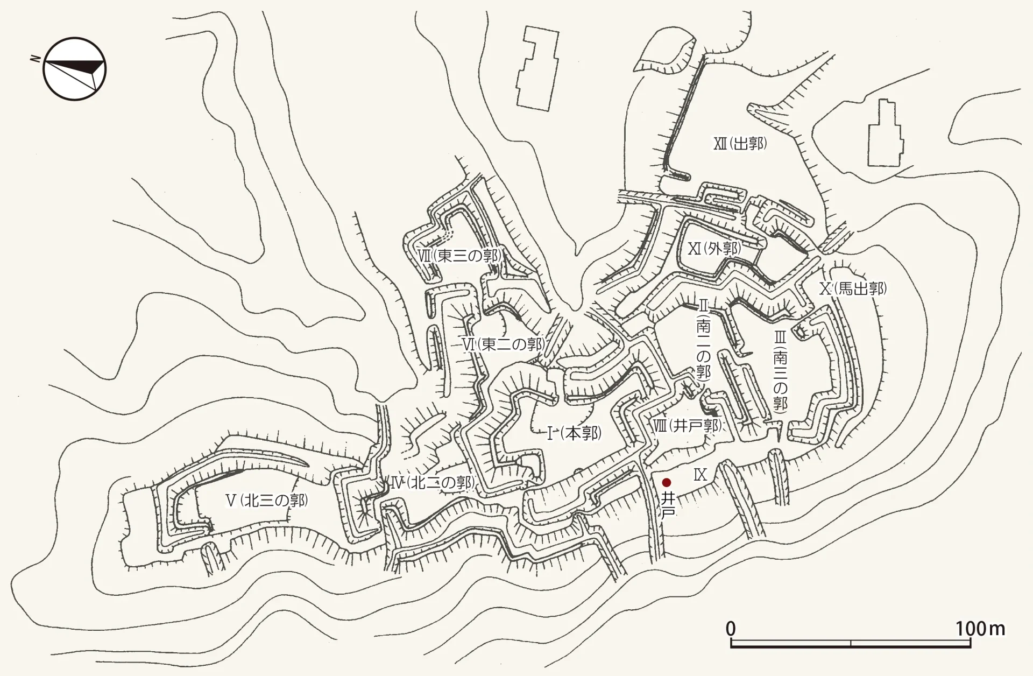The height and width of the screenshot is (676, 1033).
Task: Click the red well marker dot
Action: (x=667, y=482)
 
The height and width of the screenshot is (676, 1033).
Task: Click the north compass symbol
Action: (x=75, y=68)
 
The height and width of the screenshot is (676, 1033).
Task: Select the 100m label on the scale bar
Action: (x=980, y=629)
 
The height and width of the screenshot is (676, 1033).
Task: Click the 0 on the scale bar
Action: (x=731, y=629)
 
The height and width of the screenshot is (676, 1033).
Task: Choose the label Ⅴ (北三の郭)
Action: (x=266, y=501)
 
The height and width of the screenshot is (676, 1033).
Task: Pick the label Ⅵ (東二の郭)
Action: (x=503, y=344)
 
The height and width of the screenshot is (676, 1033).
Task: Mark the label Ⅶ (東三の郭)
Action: (x=461, y=256)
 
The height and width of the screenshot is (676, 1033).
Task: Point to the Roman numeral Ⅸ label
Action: (x=699, y=475)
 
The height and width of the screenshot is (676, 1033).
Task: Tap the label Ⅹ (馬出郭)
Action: (x=853, y=289)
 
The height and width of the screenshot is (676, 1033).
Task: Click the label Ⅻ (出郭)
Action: (x=740, y=144)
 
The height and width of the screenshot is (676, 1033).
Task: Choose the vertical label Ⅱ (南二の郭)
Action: (x=703, y=342)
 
